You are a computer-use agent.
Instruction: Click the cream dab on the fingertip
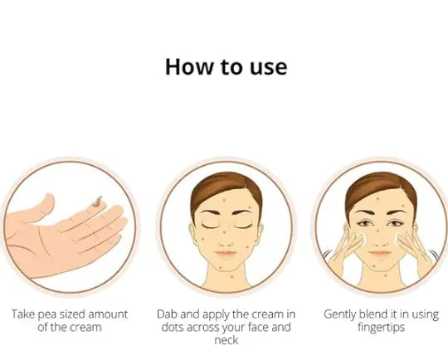(97, 201)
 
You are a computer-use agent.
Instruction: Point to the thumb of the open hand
(40, 207)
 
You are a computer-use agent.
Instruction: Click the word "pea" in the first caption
(46, 315)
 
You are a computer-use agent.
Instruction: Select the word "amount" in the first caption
(108, 314)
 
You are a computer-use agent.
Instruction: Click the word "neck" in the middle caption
(226, 340)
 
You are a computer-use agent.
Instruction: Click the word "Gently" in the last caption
(339, 314)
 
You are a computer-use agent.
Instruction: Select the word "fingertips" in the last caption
(381, 328)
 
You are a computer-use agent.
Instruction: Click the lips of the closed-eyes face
(226, 254)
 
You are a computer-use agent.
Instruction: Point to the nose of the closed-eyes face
(226, 243)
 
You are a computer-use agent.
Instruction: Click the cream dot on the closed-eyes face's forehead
(224, 200)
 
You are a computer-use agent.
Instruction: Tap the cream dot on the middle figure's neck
(231, 276)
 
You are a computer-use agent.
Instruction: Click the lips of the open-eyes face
(380, 254)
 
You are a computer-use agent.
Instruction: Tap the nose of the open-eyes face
(380, 243)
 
